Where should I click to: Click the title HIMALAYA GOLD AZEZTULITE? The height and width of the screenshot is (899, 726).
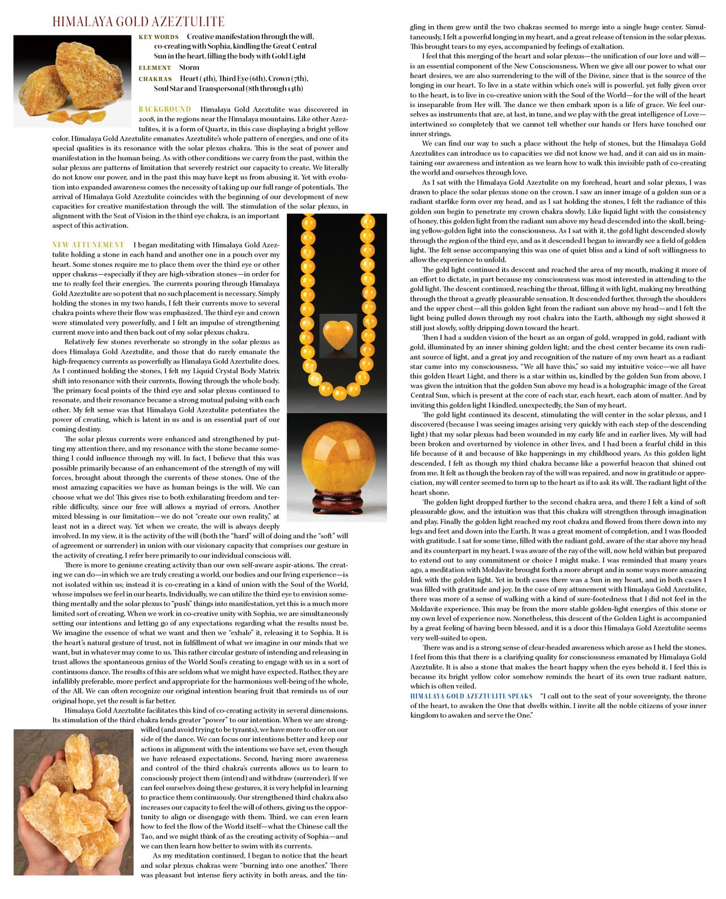pos(138,22)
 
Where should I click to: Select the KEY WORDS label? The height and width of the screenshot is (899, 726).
pos(159,37)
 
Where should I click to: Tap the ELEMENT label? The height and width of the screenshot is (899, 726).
pos(155,68)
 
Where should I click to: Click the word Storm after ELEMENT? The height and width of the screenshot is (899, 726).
pos(189,67)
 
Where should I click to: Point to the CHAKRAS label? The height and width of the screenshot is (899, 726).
pos(155,79)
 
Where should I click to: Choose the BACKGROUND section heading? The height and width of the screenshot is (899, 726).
pos(165,109)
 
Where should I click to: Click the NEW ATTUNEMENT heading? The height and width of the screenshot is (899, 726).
pos(88,245)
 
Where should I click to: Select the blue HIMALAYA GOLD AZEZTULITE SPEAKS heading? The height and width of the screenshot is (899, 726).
pos(471,696)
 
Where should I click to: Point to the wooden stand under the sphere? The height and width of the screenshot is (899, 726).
pos(338,501)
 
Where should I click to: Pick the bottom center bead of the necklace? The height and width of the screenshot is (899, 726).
pos(339,393)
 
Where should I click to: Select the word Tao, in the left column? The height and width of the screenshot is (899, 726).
pos(148,837)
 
